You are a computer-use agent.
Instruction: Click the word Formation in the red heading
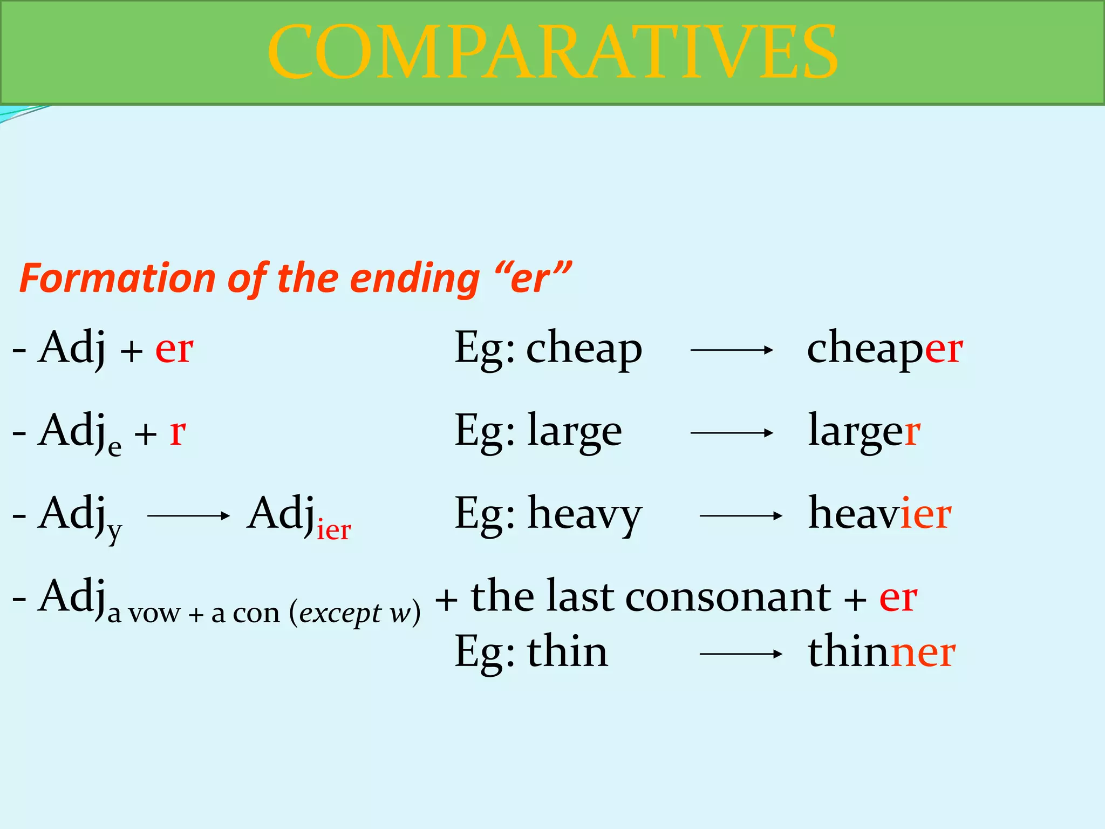coord(118,278)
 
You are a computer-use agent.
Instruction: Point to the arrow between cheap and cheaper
coord(732,350)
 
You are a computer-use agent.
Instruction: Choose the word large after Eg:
coord(575,432)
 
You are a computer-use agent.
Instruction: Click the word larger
coord(864,432)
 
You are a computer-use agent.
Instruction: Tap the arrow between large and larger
coord(732,433)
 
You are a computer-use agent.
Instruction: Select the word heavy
coord(585,515)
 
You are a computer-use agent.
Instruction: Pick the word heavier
coord(879,514)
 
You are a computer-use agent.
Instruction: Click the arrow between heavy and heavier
coord(741,516)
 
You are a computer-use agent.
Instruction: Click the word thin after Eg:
coord(568,652)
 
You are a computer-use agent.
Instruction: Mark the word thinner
coord(882,652)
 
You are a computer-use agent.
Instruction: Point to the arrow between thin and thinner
coord(741,654)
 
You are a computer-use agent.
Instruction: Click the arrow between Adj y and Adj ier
coord(188,516)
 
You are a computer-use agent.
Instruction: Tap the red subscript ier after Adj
coord(333,530)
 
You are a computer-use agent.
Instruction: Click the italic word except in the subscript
coord(340,614)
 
